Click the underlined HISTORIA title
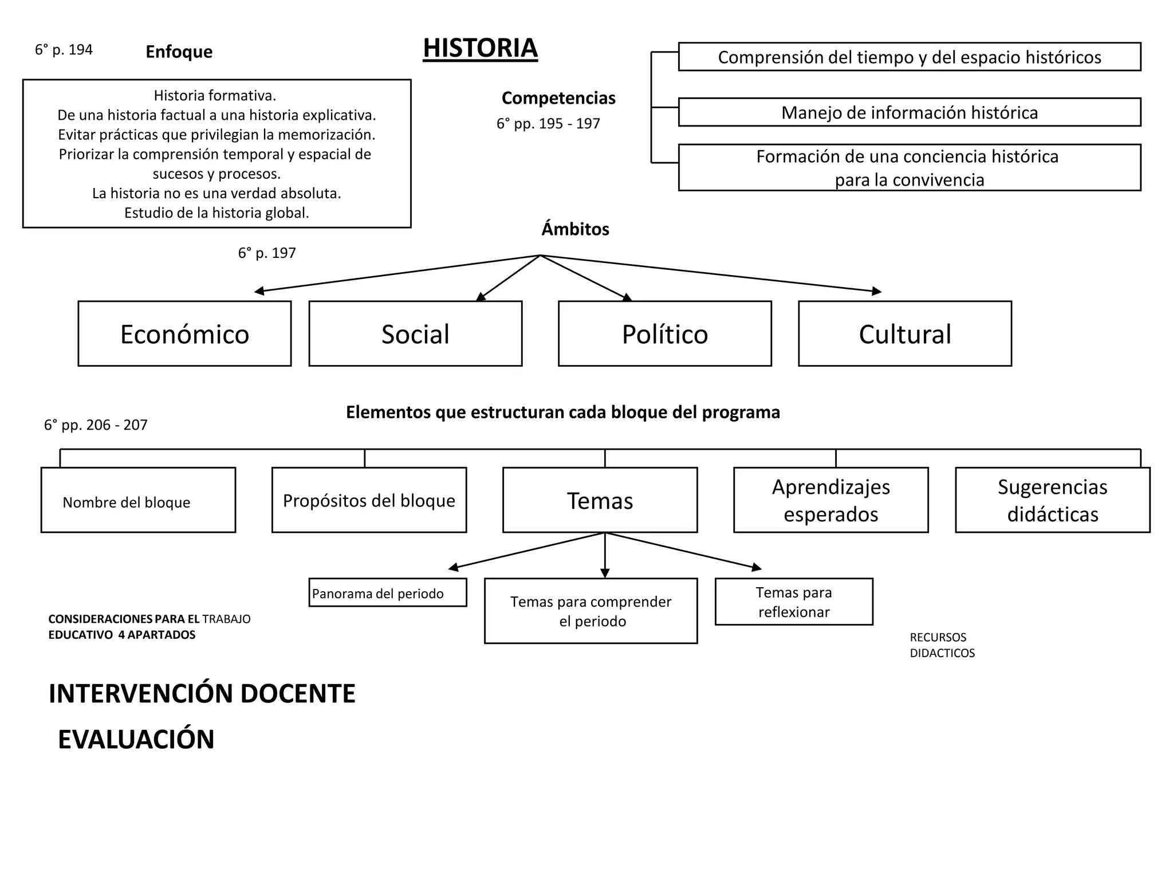pos(480,48)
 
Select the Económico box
pos(184,333)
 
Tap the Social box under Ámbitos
pos(415,333)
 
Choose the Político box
pos(664,333)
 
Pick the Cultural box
pos(904,333)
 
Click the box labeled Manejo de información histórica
pos(909,112)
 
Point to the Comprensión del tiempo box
pos(909,57)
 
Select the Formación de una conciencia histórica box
pos(909,167)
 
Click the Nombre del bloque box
pos(138,500)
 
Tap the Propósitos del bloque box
pos(369,500)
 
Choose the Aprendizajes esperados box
pos(830,500)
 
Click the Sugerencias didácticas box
pos(1052,500)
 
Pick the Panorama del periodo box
pos(387,593)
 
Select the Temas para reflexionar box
pos(793,602)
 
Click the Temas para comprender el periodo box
pos(591,611)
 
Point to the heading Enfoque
pos(179,52)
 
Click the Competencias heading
pos(558,98)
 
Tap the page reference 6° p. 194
pos(64,50)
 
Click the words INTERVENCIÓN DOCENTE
pos(202,693)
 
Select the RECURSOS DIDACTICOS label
pos(942,645)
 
